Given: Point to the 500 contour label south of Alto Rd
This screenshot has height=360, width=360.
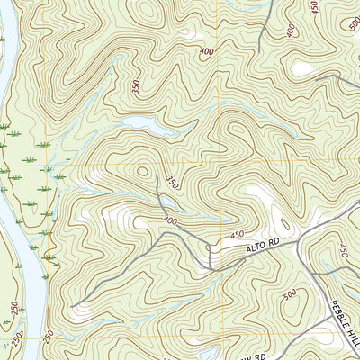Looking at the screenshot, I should click(289, 296).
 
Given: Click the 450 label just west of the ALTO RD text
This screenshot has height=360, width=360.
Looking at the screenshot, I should click(237, 236).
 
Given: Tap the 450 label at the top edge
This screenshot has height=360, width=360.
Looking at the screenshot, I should click(314, 8).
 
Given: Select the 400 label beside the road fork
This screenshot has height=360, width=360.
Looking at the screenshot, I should click(170, 220).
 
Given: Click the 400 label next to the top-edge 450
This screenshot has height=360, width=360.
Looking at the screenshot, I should click(291, 31).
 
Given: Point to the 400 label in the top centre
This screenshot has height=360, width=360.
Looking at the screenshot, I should click(208, 52).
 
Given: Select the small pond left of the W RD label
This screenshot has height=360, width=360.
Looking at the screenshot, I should click(210, 354).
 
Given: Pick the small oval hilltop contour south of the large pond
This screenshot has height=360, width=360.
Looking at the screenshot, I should click(141, 168).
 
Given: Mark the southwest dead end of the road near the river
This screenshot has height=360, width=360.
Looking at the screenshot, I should click(72, 306).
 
